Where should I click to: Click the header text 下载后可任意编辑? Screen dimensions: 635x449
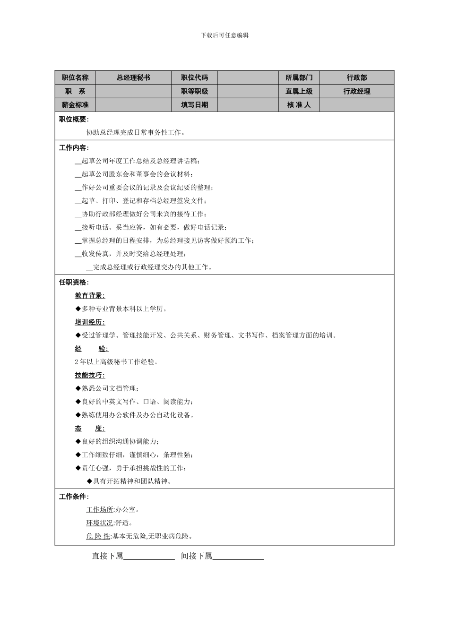[x=224, y=35]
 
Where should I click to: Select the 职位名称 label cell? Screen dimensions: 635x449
[x=75, y=77]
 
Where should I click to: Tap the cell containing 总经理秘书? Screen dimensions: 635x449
[x=133, y=77]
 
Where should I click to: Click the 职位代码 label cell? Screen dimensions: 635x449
[x=194, y=77]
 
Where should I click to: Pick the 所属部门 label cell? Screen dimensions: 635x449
[x=299, y=77]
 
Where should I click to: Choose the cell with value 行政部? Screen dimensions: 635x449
[x=357, y=77]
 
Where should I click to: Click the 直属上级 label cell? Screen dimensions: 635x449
[x=299, y=91]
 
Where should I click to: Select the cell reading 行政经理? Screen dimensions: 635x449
[x=357, y=91]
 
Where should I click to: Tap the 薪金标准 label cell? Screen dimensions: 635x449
[x=75, y=105]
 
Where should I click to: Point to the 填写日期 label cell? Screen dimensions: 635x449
[x=194, y=105]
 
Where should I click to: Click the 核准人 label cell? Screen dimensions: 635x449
[x=299, y=105]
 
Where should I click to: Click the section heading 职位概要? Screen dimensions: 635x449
[x=73, y=120]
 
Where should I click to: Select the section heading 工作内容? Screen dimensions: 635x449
[x=73, y=148]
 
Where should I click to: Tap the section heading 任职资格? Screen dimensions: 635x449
[x=73, y=282]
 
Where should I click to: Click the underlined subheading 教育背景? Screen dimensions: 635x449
[x=90, y=295]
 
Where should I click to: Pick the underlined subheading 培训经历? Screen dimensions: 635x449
[x=90, y=322]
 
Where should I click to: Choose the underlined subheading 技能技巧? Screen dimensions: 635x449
[x=90, y=375]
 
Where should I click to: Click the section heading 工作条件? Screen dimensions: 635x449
[x=73, y=497]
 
